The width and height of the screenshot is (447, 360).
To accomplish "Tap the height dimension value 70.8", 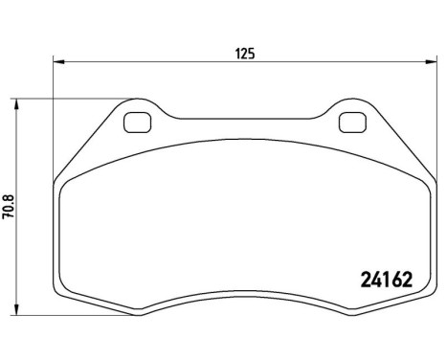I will click(x=8, y=207).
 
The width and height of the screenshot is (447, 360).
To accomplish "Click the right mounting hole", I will click(x=352, y=124).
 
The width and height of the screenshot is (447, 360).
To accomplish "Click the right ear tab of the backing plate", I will click(x=352, y=113).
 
